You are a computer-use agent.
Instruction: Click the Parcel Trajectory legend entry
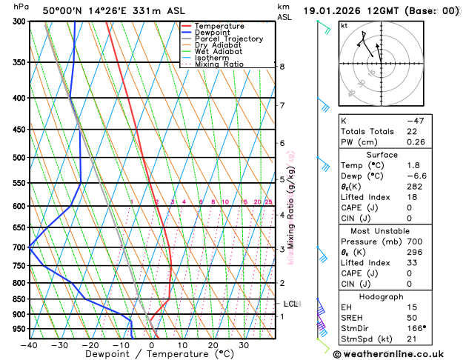point(228,39)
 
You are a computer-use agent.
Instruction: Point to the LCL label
point(291,304)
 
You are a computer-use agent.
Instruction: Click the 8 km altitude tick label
point(282,67)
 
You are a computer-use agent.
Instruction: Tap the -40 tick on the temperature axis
point(29,344)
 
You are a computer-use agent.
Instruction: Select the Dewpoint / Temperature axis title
point(153,355)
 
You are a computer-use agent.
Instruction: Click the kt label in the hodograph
point(344,26)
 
